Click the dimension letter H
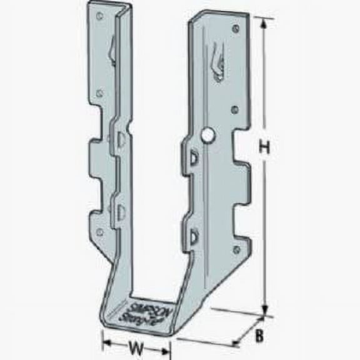(264, 148)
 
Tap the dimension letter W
(135, 346)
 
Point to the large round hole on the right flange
(207, 134)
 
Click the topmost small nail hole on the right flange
(235, 28)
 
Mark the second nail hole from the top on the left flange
(99, 92)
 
